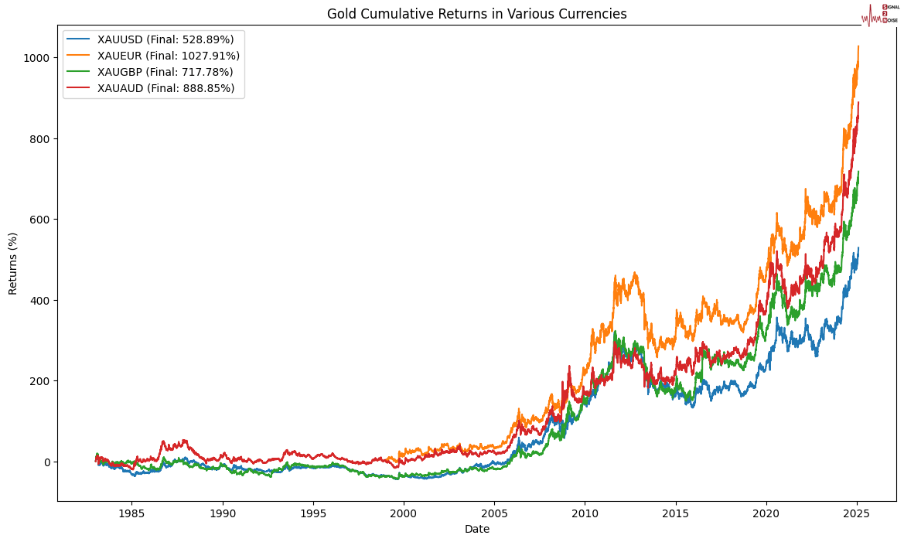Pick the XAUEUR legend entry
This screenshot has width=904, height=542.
point(169,55)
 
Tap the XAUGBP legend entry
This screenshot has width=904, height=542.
point(165,72)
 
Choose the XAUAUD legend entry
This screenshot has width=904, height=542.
point(165,88)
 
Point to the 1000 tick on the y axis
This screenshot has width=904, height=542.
point(37,58)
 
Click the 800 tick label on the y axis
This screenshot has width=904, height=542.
point(40,139)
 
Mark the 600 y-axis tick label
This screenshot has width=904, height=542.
point(40,220)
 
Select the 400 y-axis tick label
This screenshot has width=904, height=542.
point(40,300)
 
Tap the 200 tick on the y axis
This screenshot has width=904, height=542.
point(40,381)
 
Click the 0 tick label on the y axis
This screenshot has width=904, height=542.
point(46,462)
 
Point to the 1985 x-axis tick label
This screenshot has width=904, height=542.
point(131,513)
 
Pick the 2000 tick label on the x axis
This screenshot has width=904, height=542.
point(404,513)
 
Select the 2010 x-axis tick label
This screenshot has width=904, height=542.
point(585,513)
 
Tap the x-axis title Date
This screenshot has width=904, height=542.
point(476,530)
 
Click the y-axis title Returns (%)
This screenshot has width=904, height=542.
point(13,263)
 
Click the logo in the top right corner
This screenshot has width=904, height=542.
point(880,14)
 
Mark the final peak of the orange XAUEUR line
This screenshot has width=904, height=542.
point(858,46)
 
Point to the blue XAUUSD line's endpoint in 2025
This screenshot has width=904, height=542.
point(858,248)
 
